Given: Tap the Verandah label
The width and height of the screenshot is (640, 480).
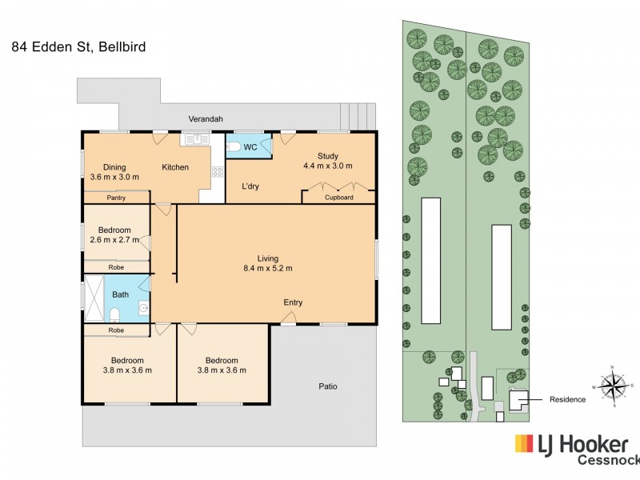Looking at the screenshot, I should [x=205, y=119].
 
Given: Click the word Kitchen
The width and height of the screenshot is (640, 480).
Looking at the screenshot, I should [x=175, y=167].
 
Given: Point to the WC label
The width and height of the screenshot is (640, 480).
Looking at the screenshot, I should [x=250, y=147].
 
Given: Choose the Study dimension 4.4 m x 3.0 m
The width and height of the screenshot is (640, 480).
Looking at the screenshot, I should [x=327, y=166].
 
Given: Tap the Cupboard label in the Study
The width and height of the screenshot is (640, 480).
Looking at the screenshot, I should [x=338, y=198].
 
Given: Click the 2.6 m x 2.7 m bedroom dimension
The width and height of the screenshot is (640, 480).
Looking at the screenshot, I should [x=114, y=239].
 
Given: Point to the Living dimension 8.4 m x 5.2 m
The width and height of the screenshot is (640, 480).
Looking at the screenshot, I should [x=268, y=269].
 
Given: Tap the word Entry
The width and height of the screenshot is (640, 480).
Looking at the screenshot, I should [x=293, y=302].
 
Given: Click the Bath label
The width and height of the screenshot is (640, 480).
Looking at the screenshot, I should [x=120, y=294].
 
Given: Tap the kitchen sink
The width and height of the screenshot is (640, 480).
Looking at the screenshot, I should [x=194, y=139].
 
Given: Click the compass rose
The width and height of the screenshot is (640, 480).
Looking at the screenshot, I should [x=613, y=387].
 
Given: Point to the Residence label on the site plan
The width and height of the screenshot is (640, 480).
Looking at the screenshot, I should [x=567, y=399].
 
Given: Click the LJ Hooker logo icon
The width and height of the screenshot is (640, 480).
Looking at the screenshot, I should [x=524, y=445].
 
